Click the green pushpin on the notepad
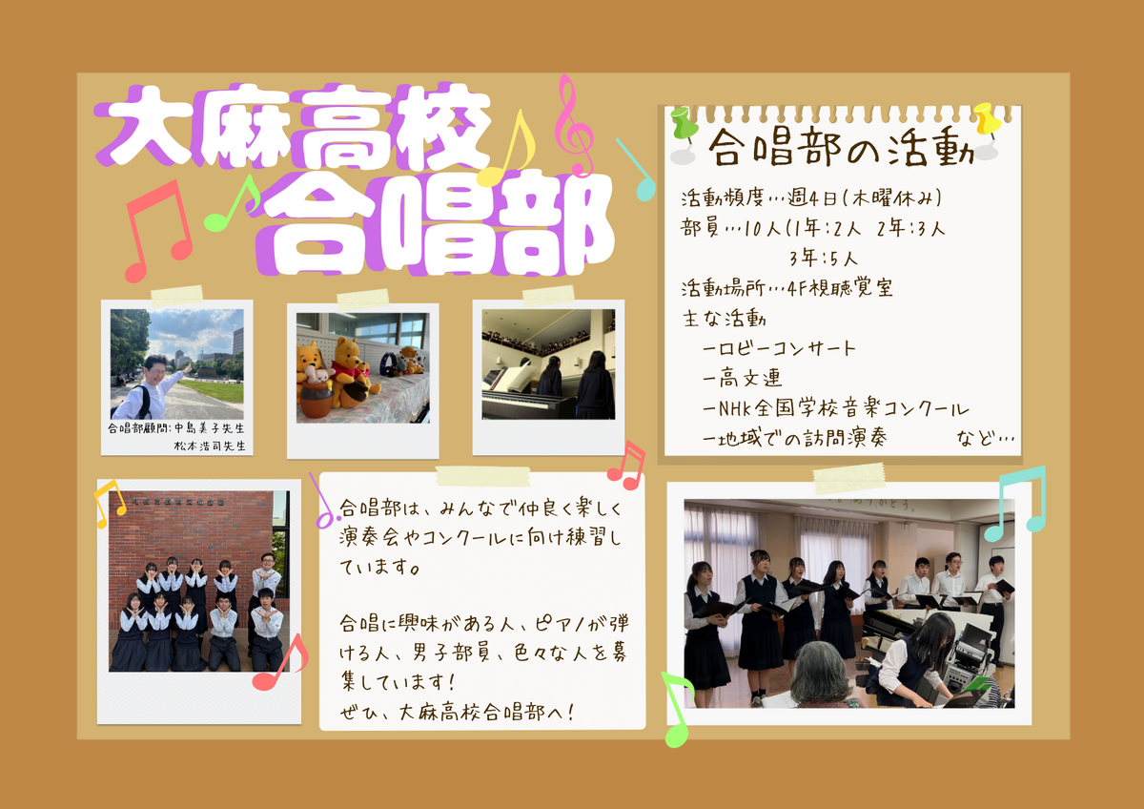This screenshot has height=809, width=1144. pos(683,124)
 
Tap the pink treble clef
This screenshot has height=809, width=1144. pos(575,125)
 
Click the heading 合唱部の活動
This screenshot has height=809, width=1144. pos(841,147)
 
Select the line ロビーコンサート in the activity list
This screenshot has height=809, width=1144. pos(779,348)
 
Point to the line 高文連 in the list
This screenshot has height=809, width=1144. pos(742,379)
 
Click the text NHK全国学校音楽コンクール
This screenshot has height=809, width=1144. pos(835,408)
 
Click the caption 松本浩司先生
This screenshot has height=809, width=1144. pos(210,446)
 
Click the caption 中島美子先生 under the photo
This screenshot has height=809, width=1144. pos(210,428)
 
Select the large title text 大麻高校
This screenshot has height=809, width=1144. pos(294,127)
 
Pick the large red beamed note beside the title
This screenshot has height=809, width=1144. pos(157,231)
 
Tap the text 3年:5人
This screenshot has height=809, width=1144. pos(824,259)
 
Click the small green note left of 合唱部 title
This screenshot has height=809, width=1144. pos(233,203)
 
